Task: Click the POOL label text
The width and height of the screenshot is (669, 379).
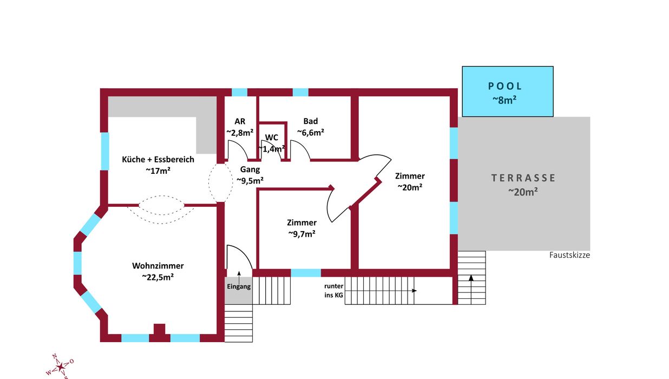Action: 505,86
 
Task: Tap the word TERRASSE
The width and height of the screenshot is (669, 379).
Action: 523,178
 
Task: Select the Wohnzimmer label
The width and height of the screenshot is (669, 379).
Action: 158,266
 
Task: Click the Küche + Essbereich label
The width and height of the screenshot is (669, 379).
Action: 158,160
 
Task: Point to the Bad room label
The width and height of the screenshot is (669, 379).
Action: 311,121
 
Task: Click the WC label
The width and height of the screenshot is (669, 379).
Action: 272,138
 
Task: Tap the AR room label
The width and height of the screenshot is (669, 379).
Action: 240,121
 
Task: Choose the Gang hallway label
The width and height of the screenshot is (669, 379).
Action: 250,169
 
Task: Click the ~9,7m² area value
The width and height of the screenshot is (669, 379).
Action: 302,234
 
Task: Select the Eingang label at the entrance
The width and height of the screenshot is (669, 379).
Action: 239,286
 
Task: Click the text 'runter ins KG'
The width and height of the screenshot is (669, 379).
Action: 333,290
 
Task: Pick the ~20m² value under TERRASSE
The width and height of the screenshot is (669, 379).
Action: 523,191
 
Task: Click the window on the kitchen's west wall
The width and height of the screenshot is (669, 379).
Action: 105,151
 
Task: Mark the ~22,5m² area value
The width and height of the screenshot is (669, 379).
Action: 158,277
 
